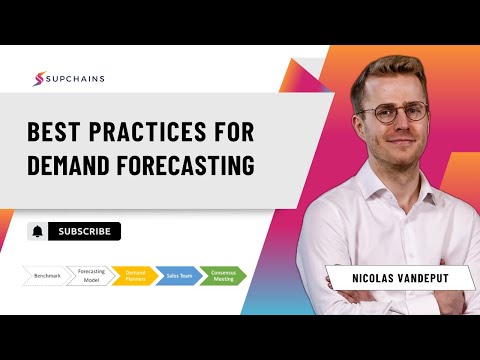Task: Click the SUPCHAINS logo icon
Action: click(41, 79)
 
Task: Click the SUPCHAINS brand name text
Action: click(76, 79)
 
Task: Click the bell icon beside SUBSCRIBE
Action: click(37, 231)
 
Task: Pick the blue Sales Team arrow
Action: click(178, 275)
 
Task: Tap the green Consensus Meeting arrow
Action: click(222, 275)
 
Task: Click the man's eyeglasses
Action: click(396, 112)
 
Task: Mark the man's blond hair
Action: click(391, 70)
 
